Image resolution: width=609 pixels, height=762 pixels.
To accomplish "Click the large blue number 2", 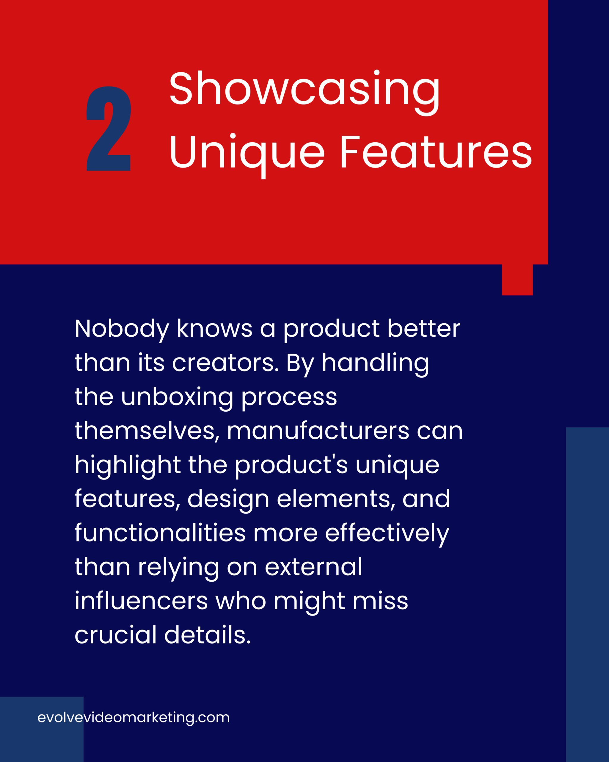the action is (109, 129).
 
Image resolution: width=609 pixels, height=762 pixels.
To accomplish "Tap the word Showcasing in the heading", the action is (305, 92).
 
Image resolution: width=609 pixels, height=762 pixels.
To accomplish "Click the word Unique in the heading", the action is (247, 155).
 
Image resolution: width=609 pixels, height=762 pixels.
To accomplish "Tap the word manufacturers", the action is (318, 432).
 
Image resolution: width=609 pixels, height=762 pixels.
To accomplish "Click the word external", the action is (313, 568).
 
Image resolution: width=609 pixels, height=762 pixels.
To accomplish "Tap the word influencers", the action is (141, 602).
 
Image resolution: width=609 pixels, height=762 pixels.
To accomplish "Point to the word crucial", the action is (115, 635).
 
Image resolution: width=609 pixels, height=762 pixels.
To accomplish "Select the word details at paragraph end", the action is (208, 635).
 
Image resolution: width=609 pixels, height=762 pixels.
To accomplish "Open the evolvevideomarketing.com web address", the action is (134, 718).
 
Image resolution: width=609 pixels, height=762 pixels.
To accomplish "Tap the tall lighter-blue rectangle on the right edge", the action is (588, 594).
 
